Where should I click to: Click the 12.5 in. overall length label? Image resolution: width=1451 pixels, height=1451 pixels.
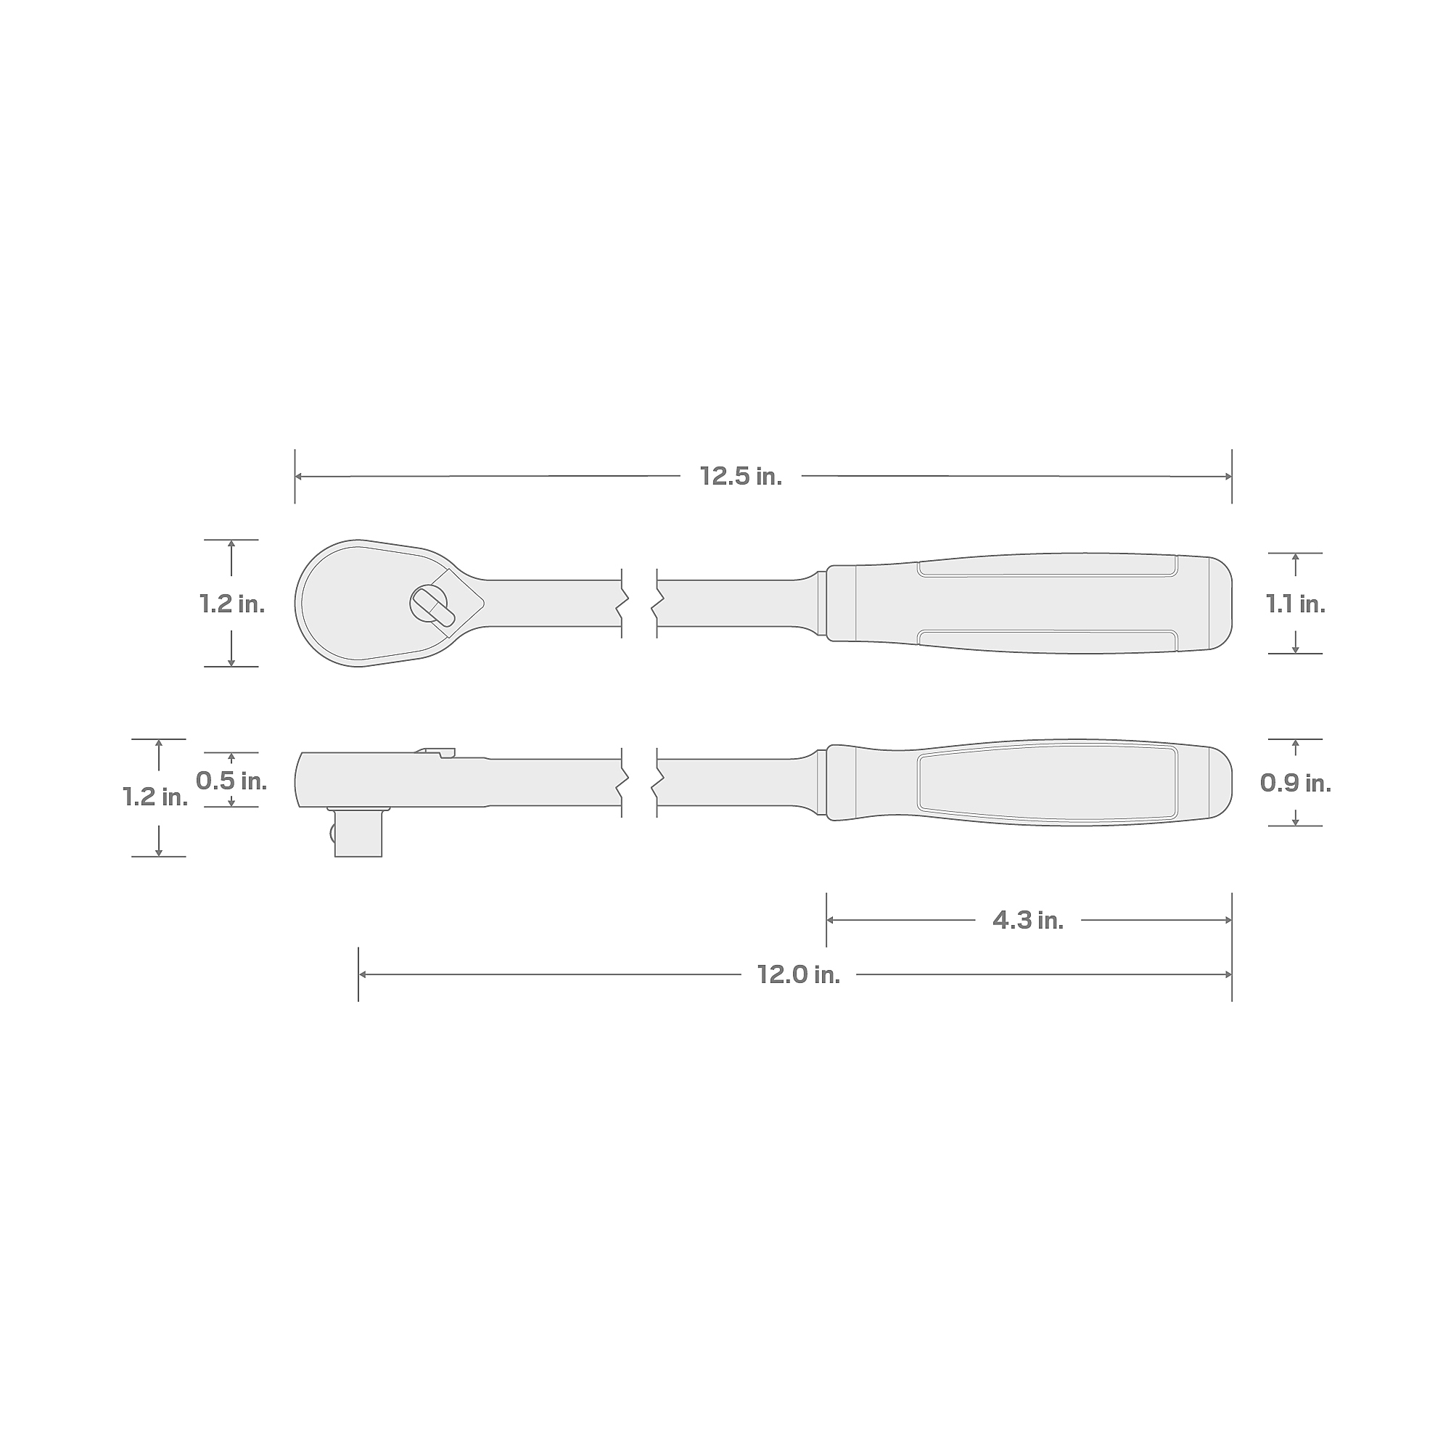pyautogui.click(x=741, y=476)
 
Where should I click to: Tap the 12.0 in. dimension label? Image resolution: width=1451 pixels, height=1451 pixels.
pyautogui.click(x=798, y=975)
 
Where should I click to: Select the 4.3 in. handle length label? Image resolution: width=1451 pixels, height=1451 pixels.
pyautogui.click(x=1028, y=920)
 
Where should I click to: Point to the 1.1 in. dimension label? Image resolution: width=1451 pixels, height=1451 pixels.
pyautogui.click(x=1296, y=604)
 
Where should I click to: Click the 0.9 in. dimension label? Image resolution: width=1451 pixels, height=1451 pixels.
pyautogui.click(x=1296, y=784)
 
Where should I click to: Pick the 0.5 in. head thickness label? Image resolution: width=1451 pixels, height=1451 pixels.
pyautogui.click(x=231, y=781)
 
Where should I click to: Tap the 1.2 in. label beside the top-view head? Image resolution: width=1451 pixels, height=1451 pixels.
pyautogui.click(x=232, y=604)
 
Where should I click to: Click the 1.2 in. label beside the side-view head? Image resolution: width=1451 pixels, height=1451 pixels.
pyautogui.click(x=155, y=797)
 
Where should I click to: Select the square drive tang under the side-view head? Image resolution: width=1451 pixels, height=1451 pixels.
pyautogui.click(x=358, y=833)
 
